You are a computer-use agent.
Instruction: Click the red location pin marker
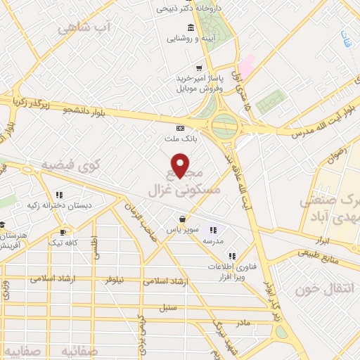181,165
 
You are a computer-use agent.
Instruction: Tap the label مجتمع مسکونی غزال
185,182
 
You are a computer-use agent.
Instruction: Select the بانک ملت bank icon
181,128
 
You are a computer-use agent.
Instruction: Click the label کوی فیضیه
71,165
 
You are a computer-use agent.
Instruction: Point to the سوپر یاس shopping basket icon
182,219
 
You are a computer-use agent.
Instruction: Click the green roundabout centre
225,127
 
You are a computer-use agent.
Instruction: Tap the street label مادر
243,322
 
